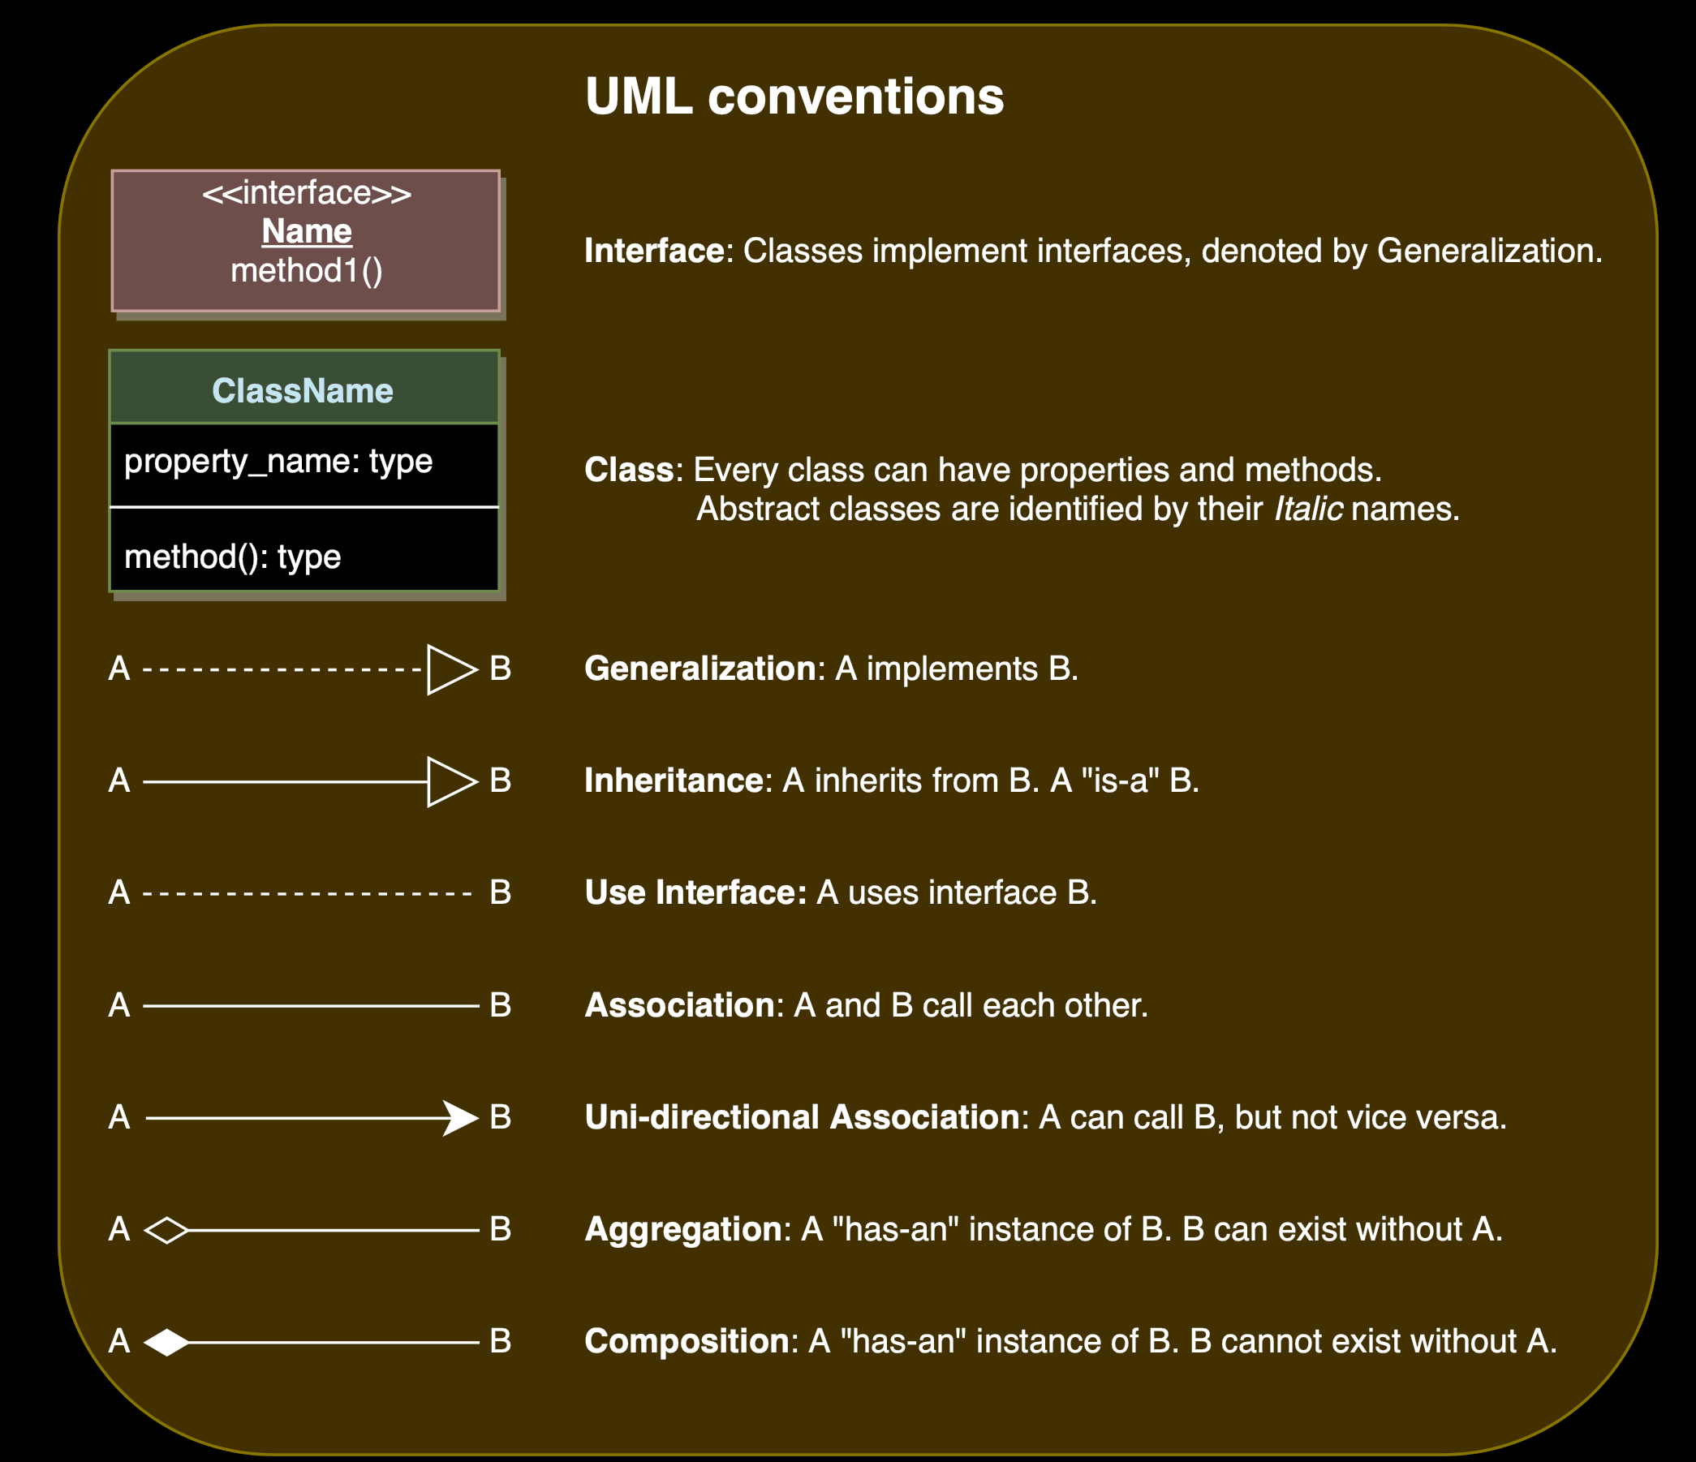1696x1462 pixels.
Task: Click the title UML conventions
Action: click(794, 97)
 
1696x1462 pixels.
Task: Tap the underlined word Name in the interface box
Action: click(306, 232)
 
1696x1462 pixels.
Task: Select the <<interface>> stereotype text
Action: click(306, 193)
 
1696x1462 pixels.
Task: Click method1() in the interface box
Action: click(306, 271)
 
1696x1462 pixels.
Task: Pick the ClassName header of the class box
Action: click(303, 390)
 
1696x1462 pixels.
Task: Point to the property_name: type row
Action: click(278, 462)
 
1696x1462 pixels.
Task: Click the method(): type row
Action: click(232, 557)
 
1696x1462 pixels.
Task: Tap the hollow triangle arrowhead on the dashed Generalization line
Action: click(450, 669)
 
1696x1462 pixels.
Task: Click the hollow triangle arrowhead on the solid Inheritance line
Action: click(450, 782)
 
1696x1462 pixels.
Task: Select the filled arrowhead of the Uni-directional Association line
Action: click(460, 1117)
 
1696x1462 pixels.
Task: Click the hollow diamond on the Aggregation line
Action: click(166, 1229)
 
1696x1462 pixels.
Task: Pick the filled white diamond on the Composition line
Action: click(166, 1342)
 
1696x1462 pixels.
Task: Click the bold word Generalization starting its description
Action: click(699, 669)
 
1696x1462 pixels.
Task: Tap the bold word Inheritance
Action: click(674, 781)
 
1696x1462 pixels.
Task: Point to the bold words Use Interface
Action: click(695, 893)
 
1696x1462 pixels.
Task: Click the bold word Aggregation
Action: click(683, 1229)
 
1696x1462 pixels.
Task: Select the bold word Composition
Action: click(687, 1342)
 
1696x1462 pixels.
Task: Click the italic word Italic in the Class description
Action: click(1308, 510)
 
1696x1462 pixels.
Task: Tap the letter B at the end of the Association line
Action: click(500, 1005)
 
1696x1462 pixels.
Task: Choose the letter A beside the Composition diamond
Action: click(119, 1342)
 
